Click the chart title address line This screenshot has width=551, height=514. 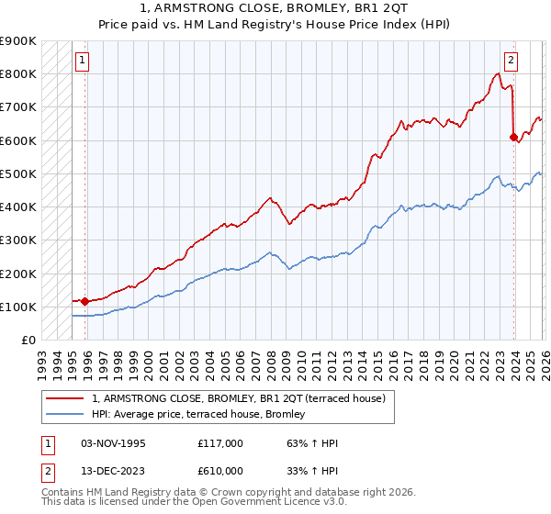275,7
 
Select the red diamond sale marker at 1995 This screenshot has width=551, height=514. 85,301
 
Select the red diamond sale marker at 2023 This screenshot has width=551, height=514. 513,137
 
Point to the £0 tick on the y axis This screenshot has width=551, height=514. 28,340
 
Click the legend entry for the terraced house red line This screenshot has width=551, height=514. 243,398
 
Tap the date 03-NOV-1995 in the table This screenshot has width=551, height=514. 114,443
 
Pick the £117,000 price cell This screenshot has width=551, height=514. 220,443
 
